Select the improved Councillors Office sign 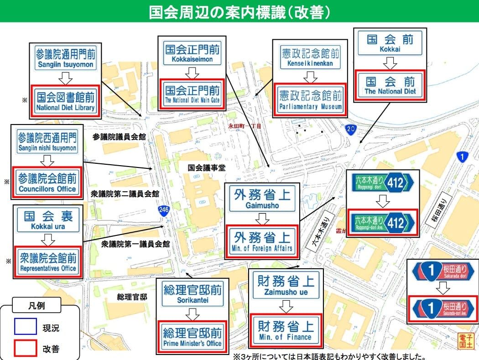(x=47, y=182)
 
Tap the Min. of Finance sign (x=285, y=330)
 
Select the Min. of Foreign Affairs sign (x=263, y=241)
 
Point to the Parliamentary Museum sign (x=310, y=100)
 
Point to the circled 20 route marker (x=350, y=129)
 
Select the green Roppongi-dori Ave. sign (x=383, y=223)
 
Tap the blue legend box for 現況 (x=23, y=328)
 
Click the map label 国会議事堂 (x=207, y=168)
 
